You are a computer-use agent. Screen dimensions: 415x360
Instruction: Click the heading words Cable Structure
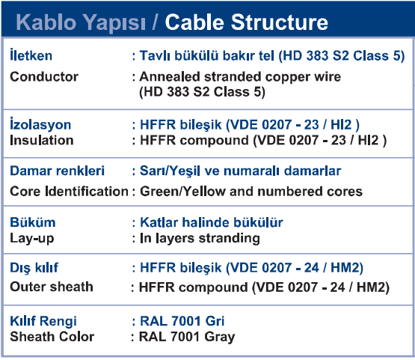click(x=247, y=22)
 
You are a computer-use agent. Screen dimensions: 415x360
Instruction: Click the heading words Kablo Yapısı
click(x=81, y=23)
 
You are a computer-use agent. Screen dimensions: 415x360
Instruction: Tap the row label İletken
click(x=31, y=55)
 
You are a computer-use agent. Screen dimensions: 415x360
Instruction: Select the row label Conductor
click(x=44, y=77)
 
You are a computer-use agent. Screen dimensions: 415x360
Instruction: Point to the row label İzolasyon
click(x=40, y=123)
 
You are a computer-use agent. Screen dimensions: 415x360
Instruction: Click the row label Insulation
click(x=42, y=140)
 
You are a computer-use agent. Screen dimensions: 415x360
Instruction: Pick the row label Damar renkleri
click(x=57, y=171)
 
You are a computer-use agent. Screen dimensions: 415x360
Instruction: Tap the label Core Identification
click(x=69, y=192)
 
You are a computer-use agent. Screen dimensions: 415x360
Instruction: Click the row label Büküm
click(x=33, y=222)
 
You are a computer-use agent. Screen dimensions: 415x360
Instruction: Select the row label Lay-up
click(x=32, y=239)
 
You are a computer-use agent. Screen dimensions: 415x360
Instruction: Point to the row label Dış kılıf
click(x=34, y=267)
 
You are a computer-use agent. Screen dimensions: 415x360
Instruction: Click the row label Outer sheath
click(x=52, y=287)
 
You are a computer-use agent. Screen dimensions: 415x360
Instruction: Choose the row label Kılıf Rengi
click(x=43, y=321)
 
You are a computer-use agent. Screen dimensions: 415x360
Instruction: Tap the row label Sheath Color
click(x=52, y=337)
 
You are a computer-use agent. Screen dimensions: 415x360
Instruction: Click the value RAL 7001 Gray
click(x=187, y=338)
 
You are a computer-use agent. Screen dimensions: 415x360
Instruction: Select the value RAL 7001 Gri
click(x=182, y=321)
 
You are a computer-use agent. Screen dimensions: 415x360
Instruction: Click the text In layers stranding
click(x=200, y=239)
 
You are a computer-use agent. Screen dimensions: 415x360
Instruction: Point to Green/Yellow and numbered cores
click(x=251, y=192)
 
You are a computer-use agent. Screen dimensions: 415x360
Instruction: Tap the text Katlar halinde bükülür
click(x=212, y=222)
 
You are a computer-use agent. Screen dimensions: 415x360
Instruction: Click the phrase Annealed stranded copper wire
click(x=240, y=77)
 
